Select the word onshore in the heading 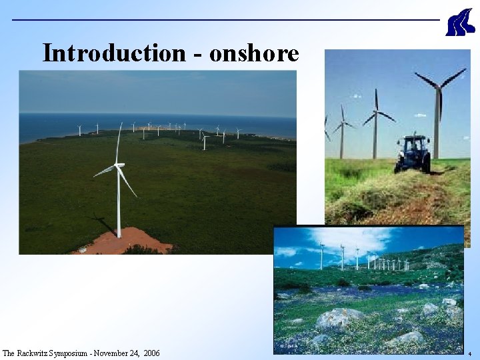tap(254, 53)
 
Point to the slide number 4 tap(470, 353)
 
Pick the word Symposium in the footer tap(78, 353)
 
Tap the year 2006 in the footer tap(152, 353)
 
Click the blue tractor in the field tap(413, 153)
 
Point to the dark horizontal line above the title tap(227, 19)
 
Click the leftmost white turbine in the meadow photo tap(321, 256)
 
